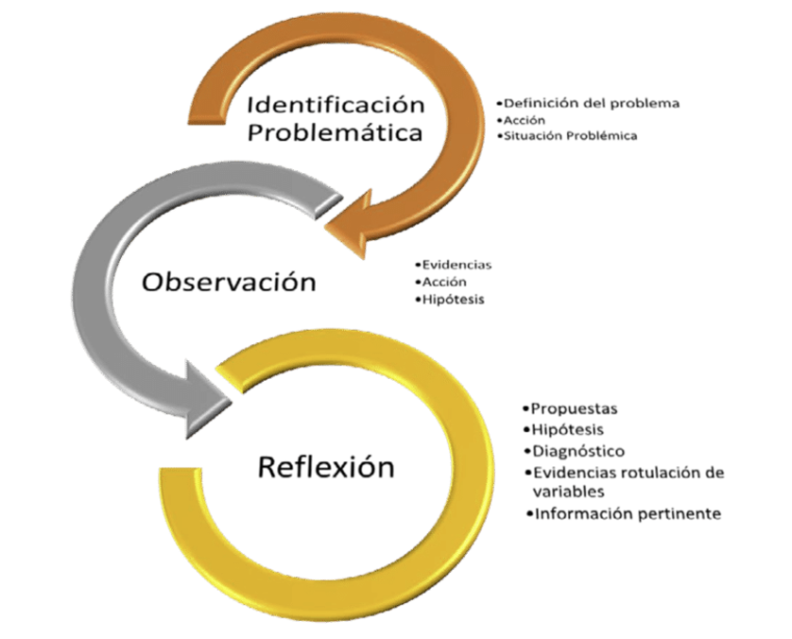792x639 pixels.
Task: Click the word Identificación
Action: [x=336, y=105]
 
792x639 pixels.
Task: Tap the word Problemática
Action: [x=335, y=133]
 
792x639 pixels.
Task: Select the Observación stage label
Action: [x=229, y=282]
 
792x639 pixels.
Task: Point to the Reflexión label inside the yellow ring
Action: [x=326, y=467]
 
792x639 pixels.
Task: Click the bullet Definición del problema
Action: [x=592, y=103]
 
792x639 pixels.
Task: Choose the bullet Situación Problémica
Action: [x=570, y=135]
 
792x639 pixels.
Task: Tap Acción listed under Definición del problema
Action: [x=525, y=120]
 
